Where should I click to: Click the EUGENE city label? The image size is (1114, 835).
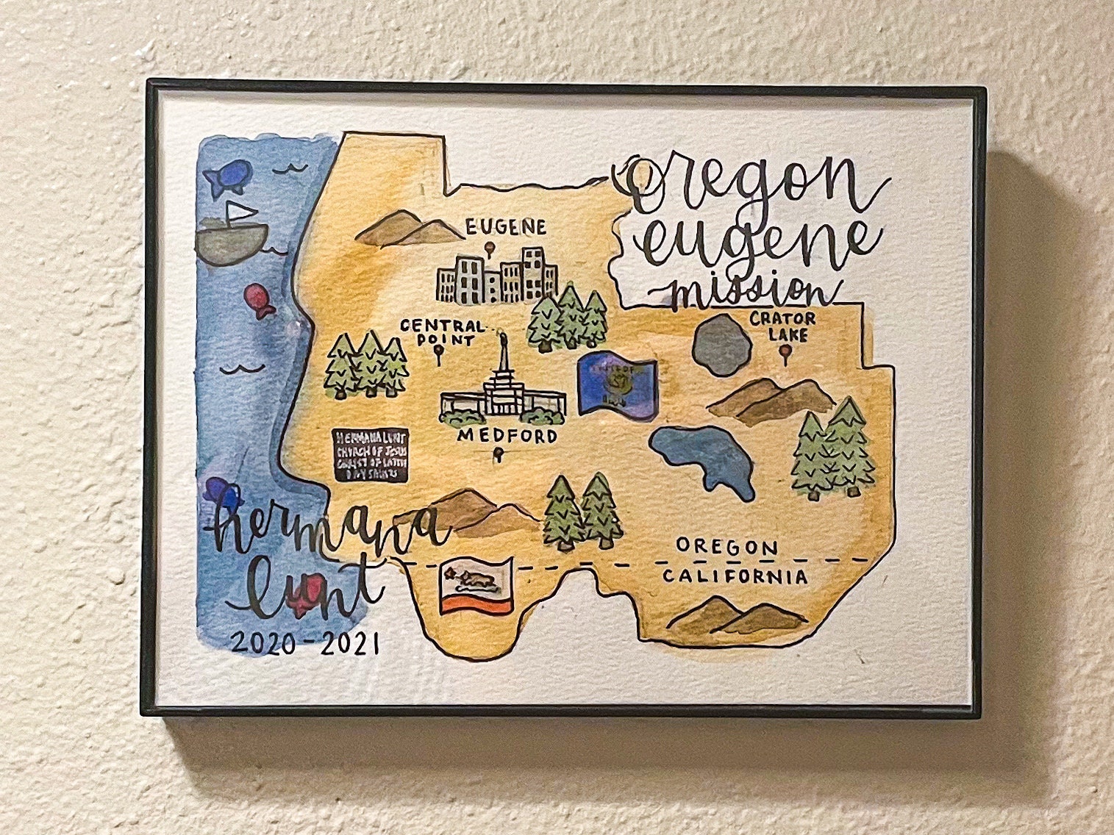pos(506,227)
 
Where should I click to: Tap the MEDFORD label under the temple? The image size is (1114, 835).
pos(507,437)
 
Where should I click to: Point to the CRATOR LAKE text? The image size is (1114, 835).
pos(782,326)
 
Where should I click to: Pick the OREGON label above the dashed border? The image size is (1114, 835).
pos(726,548)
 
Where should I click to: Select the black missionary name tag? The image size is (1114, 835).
pos(370,456)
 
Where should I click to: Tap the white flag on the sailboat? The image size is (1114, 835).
pos(235,211)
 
